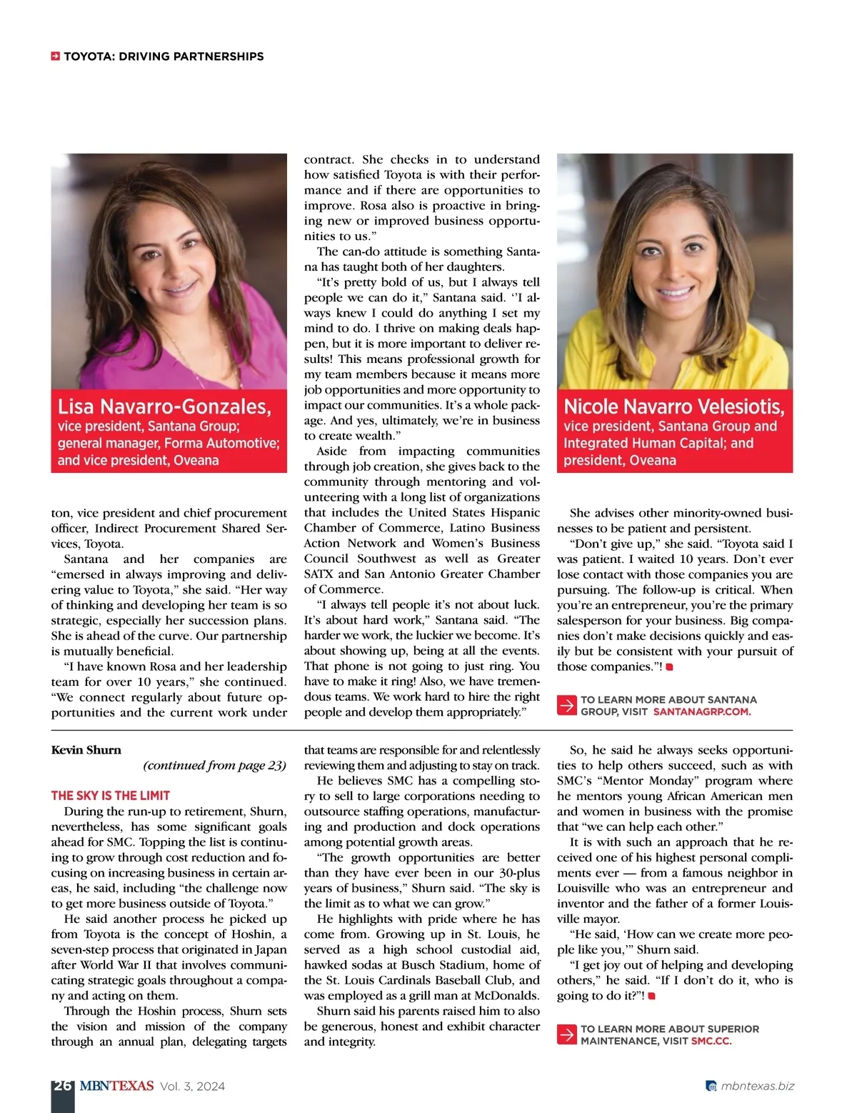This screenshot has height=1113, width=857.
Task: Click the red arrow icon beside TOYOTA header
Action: click(x=55, y=56)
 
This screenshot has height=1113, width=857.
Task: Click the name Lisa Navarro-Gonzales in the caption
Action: click(x=164, y=406)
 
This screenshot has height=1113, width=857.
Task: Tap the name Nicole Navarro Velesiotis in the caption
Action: click(x=673, y=406)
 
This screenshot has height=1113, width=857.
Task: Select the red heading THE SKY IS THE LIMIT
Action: click(x=111, y=795)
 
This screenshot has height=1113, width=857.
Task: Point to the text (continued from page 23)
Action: click(x=214, y=765)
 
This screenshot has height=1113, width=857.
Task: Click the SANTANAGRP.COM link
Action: click(x=701, y=712)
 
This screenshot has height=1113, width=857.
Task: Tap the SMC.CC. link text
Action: click(x=711, y=1041)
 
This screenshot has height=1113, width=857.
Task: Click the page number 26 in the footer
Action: click(x=62, y=1086)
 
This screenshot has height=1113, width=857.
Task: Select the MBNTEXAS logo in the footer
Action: click(x=116, y=1086)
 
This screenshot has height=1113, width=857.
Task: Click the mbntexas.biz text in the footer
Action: click(x=757, y=1086)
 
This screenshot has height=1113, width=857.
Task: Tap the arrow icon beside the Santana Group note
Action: click(x=566, y=705)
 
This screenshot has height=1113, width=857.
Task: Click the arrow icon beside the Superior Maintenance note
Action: click(x=566, y=1034)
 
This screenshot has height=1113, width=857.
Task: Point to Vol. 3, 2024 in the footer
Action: click(x=192, y=1087)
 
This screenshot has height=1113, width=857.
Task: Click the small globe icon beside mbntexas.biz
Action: click(x=711, y=1087)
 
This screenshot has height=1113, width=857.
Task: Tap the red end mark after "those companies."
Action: click(x=669, y=667)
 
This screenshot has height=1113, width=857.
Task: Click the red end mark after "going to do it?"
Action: click(x=651, y=996)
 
